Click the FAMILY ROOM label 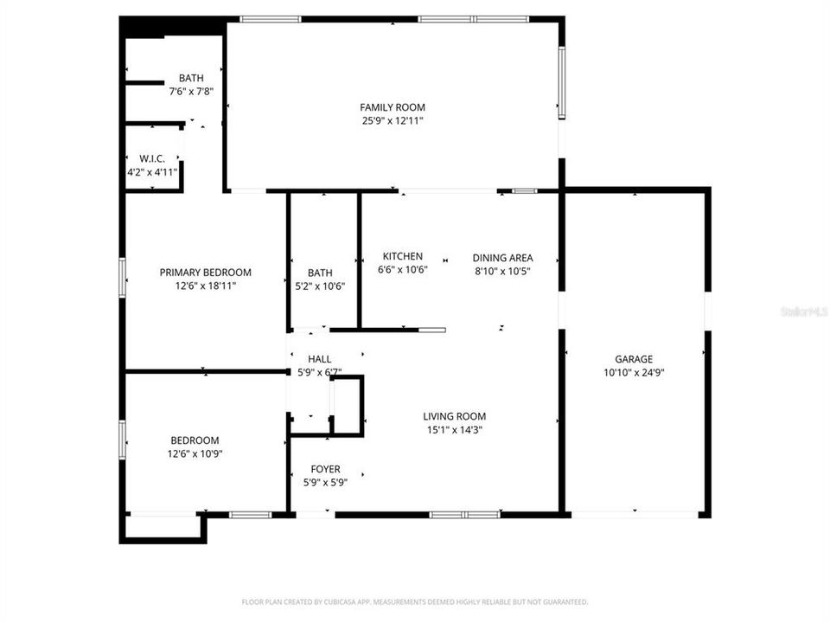click(393, 107)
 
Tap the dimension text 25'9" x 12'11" click(393, 121)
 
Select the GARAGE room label click(634, 359)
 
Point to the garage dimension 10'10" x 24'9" click(634, 373)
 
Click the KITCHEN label click(403, 256)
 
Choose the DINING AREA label click(502, 257)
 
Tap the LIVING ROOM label click(454, 415)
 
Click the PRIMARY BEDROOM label click(205, 272)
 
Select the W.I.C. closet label click(151, 158)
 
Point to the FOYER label click(325, 469)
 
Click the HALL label click(319, 359)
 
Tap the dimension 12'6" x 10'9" click(195, 453)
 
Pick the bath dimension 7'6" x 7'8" click(191, 91)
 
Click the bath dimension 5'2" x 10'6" click(319, 286)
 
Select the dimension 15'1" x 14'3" click(454, 429)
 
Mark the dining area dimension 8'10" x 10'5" click(502, 271)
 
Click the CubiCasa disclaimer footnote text click(415, 601)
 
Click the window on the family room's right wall click(561, 81)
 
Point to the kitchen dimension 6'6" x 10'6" click(403, 270)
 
